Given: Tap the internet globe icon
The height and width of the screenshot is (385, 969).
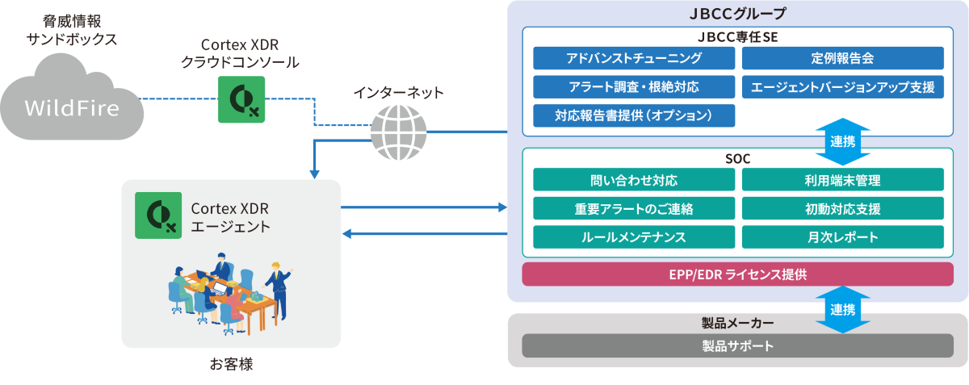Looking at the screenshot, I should coord(399,132).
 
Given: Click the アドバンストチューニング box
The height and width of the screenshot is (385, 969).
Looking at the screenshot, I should coord(634,58).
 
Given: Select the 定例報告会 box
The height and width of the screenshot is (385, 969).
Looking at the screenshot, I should coord(842,58).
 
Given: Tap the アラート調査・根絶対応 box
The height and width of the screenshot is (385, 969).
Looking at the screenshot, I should coord(634,86).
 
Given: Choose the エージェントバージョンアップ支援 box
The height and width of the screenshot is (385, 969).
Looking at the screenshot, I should coord(842,86).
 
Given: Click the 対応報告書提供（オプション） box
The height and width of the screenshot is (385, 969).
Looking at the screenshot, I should coord(634,115).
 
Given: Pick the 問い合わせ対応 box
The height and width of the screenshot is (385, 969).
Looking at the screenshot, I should coord(634,179).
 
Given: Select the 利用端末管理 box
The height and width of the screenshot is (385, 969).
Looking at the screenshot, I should coord(842,179).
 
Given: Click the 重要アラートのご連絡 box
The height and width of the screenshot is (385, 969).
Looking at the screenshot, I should coord(634,208).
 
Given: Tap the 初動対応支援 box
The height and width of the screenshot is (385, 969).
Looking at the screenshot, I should coord(842,208).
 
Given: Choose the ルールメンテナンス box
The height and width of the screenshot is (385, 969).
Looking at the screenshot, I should coord(634,236).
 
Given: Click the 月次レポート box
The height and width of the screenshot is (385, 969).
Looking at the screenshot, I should coord(842,236).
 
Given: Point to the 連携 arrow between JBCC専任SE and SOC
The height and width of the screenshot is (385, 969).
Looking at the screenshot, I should coord(842,140).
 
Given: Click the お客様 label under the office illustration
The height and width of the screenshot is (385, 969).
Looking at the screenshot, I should coord(231,364).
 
